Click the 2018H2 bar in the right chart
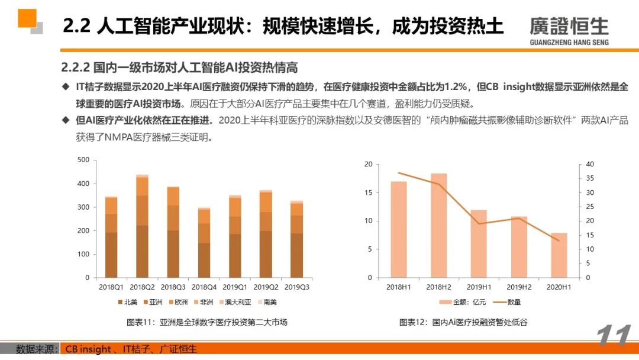point(438,225)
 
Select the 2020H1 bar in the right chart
point(559,255)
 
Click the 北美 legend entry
point(127,302)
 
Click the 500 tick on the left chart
point(83,160)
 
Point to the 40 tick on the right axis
point(590,164)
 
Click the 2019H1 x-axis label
point(479,287)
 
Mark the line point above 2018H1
point(398,173)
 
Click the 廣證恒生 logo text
point(569,26)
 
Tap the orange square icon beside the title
point(28,18)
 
